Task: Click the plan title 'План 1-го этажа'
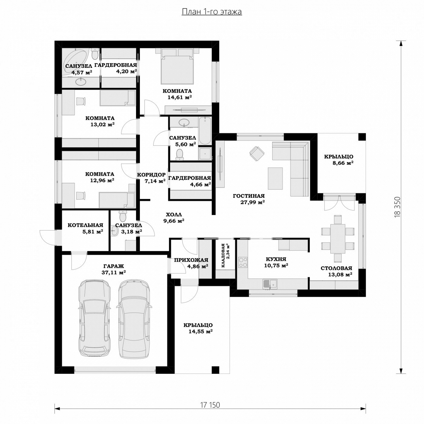212,12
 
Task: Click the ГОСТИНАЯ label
249,196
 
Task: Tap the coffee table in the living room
275,178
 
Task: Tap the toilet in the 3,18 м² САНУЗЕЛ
123,216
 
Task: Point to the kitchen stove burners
243,262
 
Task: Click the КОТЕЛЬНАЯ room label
85,225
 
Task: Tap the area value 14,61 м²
179,97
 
